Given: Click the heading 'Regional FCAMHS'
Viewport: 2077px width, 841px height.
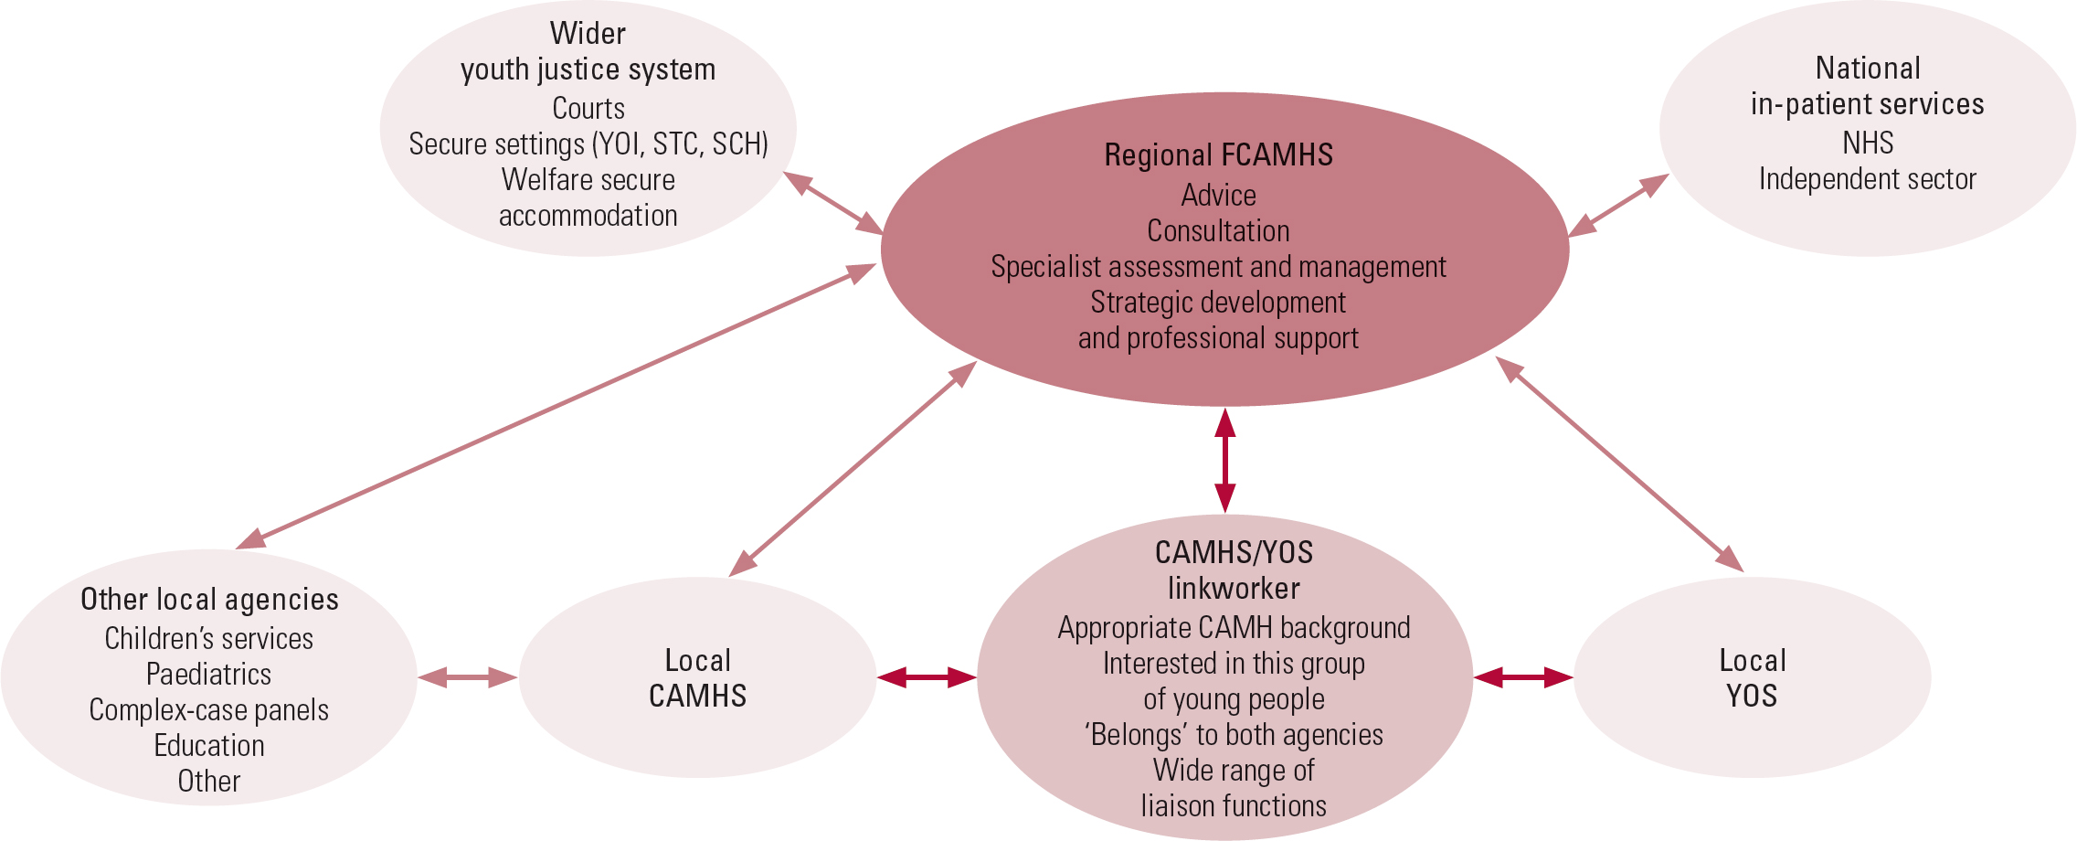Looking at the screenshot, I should [1218, 155].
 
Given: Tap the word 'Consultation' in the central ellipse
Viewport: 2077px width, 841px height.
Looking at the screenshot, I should [1218, 231].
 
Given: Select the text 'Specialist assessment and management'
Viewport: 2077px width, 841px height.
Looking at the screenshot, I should [1218, 267].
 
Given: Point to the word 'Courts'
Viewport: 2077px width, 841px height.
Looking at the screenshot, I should [588, 109].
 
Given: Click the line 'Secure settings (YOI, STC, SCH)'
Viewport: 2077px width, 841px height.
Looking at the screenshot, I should [588, 144].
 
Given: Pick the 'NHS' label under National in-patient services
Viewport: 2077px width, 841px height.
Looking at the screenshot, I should [1867, 144].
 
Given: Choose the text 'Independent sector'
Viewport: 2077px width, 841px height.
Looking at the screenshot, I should [1867, 179].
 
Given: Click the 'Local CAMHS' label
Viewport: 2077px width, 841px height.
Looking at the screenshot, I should [697, 678].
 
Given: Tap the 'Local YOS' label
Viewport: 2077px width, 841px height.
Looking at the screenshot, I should [1752, 678].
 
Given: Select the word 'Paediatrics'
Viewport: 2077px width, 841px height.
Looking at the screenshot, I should [208, 675].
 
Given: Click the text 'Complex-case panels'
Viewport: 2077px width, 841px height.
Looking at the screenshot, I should [208, 710].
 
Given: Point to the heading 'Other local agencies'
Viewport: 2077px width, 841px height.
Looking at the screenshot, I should [209, 600].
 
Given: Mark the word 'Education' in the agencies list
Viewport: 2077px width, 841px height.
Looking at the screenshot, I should [208, 746].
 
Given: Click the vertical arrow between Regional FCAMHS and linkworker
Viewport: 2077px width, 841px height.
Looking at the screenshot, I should [1225, 460].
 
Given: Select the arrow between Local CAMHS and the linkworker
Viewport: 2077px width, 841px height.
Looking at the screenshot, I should [927, 677].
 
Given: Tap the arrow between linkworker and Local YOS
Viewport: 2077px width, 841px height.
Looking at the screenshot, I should [1523, 677].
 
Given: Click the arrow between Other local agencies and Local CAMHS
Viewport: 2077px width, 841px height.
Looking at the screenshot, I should [468, 677].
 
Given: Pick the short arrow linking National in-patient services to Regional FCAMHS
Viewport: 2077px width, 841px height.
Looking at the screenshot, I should [1618, 206].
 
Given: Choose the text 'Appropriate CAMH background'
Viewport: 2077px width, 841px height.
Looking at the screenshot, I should [1234, 628].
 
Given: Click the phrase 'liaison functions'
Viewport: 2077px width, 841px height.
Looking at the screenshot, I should [1234, 806].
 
